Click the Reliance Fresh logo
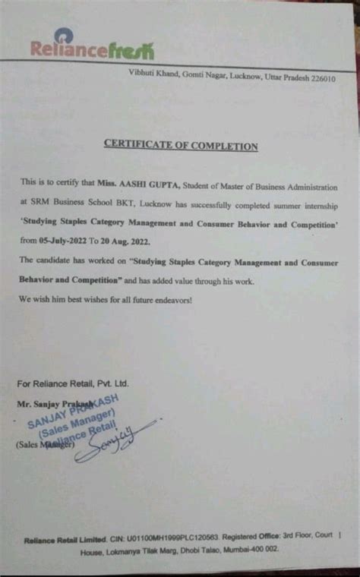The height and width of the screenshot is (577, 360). [x=92, y=49]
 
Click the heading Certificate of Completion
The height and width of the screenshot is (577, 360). [x=180, y=147]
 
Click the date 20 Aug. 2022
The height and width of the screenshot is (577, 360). [x=127, y=241]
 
